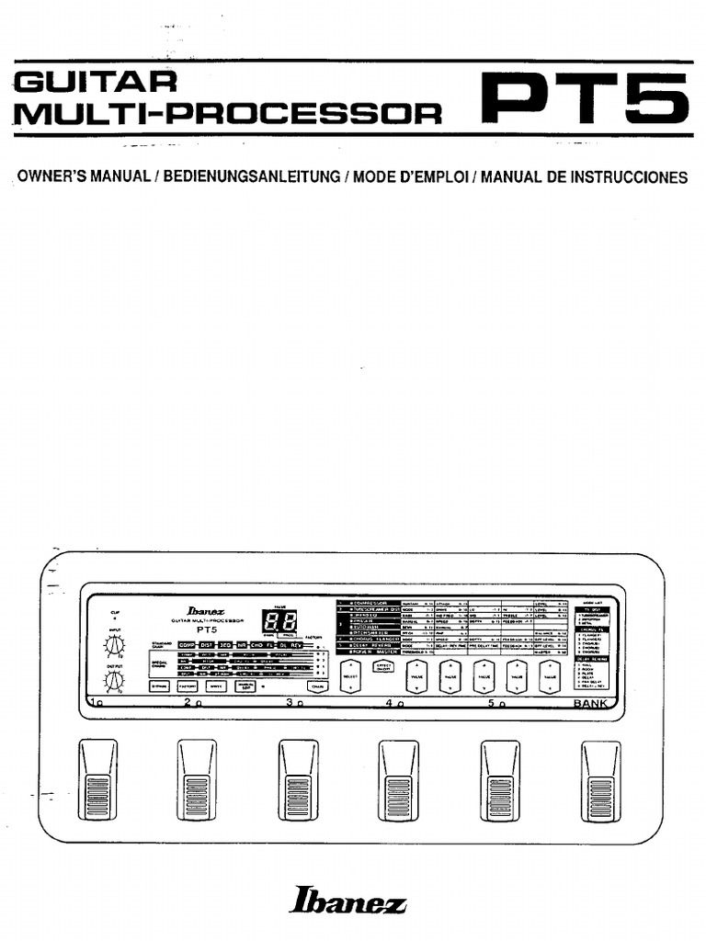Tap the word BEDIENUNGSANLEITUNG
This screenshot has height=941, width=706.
(251, 177)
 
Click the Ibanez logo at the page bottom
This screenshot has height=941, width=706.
(347, 904)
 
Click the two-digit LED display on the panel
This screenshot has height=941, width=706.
(279, 620)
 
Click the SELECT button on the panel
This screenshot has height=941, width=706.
(350, 676)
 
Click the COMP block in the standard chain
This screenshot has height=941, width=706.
(187, 646)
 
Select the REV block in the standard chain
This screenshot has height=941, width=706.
(298, 646)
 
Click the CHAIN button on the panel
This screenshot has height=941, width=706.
(317, 686)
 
